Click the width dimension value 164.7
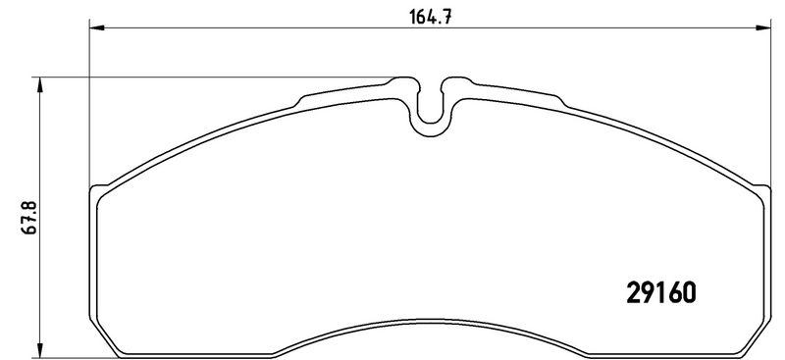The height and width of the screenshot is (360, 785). tap(431, 17)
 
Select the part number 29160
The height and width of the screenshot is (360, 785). tap(660, 293)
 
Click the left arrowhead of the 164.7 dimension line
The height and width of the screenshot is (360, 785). tap(96, 27)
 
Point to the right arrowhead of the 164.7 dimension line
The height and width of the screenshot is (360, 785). tap(763, 27)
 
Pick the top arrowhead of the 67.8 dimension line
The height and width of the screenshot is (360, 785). tap(40, 84)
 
